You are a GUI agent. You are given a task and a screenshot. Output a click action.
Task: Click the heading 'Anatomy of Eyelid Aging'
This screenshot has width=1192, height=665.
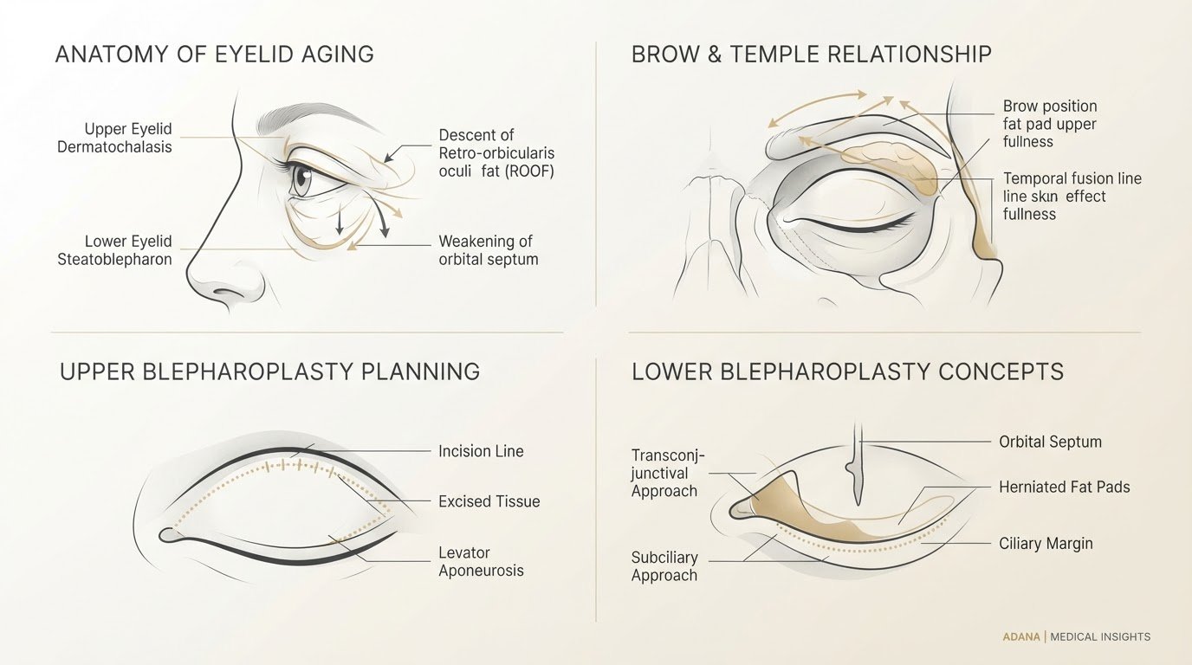tap(215, 55)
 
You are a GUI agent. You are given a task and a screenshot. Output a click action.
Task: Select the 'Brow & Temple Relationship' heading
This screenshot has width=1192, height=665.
tap(812, 55)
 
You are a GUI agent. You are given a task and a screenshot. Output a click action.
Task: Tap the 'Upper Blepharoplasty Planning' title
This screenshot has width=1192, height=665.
tap(269, 371)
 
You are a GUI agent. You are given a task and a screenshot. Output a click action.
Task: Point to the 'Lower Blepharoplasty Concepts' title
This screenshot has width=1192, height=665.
tap(848, 371)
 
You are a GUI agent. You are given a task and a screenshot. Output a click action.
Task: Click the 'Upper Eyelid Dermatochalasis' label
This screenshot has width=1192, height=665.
tap(114, 138)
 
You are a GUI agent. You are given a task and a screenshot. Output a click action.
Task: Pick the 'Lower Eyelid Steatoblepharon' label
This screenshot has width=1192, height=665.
tap(114, 250)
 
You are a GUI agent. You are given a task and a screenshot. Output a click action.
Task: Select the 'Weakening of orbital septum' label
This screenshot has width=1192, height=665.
tap(488, 250)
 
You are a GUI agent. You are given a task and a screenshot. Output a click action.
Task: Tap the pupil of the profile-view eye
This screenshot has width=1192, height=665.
tap(305, 175)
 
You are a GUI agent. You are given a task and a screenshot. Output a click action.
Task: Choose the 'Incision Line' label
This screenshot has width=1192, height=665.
tap(481, 451)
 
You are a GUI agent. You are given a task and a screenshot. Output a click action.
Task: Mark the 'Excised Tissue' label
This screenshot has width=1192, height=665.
tap(489, 501)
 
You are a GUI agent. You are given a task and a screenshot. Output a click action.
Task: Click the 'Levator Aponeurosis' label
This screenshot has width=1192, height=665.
tap(481, 561)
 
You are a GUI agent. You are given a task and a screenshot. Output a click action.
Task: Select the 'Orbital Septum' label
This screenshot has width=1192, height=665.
tap(1051, 442)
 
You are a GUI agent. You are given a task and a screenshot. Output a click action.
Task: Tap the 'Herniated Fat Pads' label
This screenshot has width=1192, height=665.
tap(1065, 487)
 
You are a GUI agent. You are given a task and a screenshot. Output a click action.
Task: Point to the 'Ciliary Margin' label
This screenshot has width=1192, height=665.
tap(1046, 543)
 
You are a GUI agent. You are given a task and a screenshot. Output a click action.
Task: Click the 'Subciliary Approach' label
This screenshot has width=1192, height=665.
tap(664, 566)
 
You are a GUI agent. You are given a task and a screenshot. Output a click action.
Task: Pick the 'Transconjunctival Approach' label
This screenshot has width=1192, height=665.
tap(668, 473)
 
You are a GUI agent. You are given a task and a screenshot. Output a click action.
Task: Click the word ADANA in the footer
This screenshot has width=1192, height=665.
tap(1021, 636)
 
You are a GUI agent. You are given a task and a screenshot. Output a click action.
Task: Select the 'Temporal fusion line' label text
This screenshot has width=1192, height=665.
tap(1072, 178)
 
